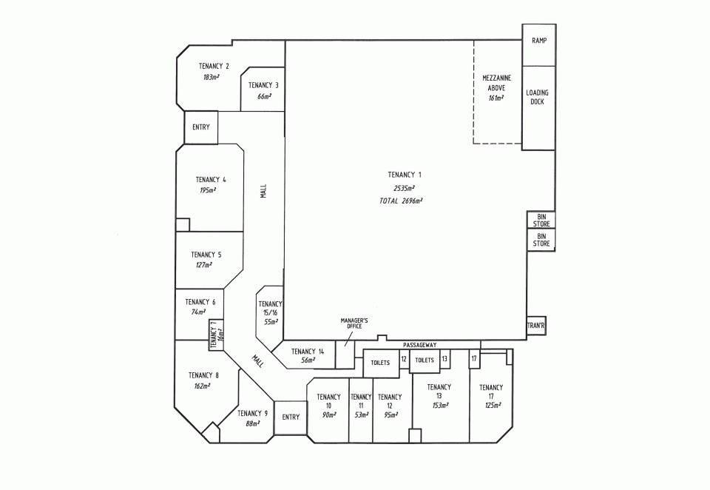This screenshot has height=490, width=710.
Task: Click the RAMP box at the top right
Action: [538, 40]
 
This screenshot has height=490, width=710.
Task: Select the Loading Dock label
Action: [538, 97]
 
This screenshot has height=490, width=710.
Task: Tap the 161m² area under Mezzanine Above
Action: [496, 98]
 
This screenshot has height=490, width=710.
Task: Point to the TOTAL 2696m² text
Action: [401, 201]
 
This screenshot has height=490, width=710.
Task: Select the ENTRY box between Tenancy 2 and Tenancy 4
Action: [201, 127]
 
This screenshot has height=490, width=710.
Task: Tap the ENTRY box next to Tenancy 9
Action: [291, 417]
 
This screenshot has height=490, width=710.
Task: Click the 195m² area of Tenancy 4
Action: [207, 190]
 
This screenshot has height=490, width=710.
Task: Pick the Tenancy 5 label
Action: [206, 255]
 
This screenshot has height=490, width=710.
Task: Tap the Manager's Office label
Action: [354, 323]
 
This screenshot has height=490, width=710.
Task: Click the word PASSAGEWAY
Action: [420, 346]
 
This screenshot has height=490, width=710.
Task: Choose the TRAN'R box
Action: [536, 326]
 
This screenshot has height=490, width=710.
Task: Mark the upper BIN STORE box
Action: [538, 220]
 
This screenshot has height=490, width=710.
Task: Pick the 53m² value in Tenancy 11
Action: [360, 415]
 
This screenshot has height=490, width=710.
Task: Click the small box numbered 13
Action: [444, 359]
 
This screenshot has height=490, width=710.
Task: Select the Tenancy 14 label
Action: [308, 352]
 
